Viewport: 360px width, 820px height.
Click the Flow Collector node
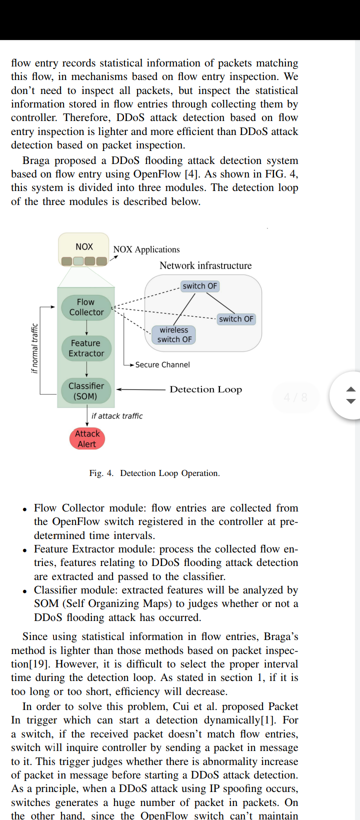[x=86, y=307]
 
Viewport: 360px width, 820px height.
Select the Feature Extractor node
[x=86, y=348]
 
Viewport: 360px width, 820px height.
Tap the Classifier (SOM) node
[x=86, y=391]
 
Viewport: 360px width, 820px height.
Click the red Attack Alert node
[x=87, y=438]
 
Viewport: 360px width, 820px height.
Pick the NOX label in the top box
[x=84, y=246]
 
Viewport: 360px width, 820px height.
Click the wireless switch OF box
[x=174, y=334]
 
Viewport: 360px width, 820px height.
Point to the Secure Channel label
[x=162, y=364]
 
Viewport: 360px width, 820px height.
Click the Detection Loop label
[x=206, y=389]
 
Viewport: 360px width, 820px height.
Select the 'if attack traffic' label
[x=117, y=416]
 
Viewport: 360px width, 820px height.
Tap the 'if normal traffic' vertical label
[x=35, y=348]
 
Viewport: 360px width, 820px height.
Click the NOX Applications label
[x=146, y=249]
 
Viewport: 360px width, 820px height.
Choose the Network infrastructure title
[x=205, y=265]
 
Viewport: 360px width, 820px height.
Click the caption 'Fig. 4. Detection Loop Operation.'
[x=154, y=473]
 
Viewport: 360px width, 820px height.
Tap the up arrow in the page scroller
[x=351, y=389]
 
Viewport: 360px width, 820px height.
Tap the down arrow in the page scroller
[x=351, y=401]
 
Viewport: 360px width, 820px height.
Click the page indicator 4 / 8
[x=295, y=397]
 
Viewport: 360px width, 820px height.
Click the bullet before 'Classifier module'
[x=24, y=591]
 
